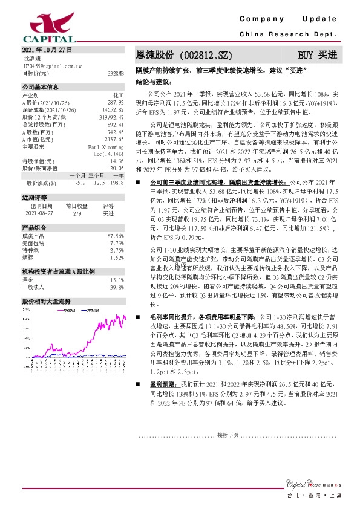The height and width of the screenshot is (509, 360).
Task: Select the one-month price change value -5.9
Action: pyautogui.click(x=80, y=183)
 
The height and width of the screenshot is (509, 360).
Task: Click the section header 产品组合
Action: pyautogui.click(x=34, y=227)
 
